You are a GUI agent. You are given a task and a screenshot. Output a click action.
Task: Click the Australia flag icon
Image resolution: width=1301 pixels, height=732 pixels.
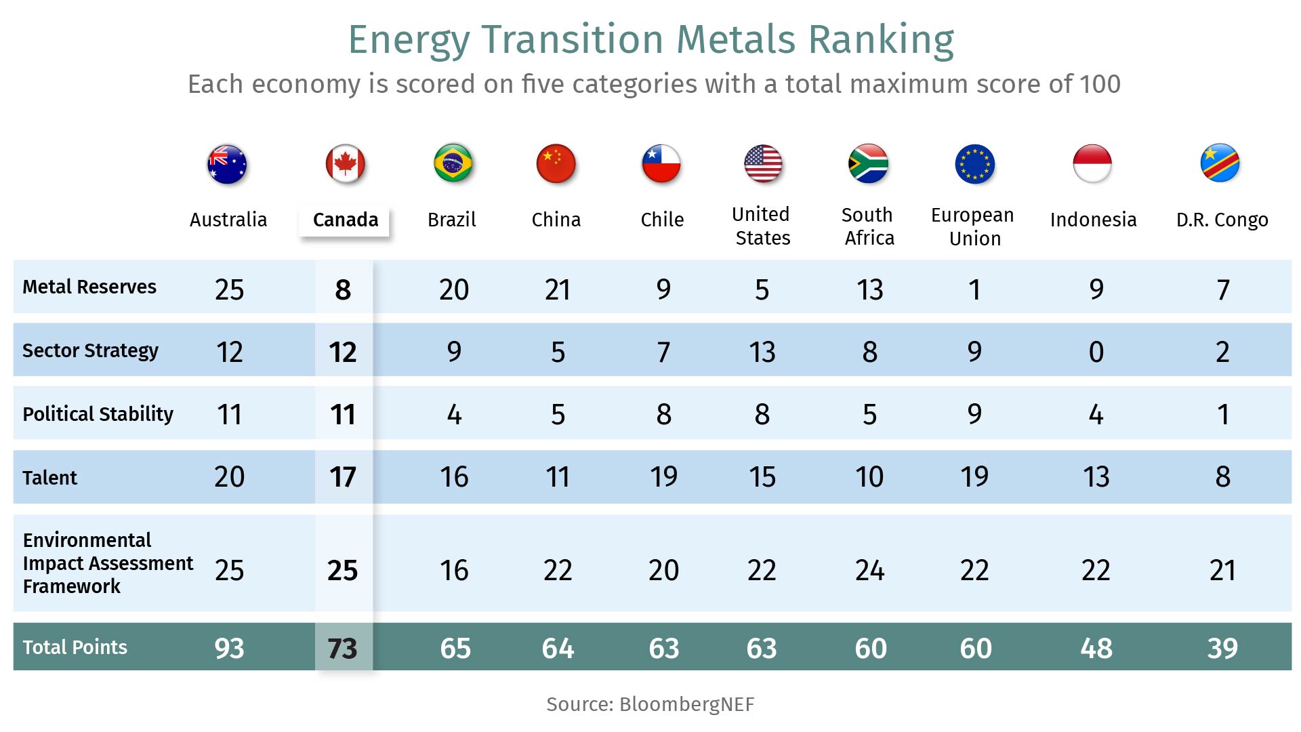[x=227, y=164]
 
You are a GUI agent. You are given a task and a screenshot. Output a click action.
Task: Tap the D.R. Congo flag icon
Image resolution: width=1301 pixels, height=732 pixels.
[x=1220, y=163]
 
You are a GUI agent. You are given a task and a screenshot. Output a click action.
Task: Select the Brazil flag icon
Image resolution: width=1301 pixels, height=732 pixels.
[x=453, y=163]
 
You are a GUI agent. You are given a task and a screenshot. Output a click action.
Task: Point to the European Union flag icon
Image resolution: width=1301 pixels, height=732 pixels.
[x=974, y=164]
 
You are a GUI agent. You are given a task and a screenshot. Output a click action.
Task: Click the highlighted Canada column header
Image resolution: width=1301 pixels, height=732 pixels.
[x=345, y=220]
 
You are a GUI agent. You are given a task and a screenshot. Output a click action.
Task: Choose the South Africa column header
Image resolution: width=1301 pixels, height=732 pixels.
[x=869, y=226]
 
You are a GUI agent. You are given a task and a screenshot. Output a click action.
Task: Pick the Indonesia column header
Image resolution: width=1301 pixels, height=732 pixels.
[x=1093, y=220]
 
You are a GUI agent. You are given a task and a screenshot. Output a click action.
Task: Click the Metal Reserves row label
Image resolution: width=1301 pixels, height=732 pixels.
[x=89, y=287]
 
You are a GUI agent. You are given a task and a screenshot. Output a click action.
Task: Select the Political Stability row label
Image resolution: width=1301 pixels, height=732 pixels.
[x=98, y=413]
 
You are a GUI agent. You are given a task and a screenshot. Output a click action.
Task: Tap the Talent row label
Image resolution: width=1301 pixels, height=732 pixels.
[x=49, y=478]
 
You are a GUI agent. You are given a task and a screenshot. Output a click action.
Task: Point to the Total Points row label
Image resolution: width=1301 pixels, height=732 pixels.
[x=75, y=647]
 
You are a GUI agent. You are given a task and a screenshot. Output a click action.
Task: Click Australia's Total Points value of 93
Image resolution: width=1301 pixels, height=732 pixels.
[x=229, y=649]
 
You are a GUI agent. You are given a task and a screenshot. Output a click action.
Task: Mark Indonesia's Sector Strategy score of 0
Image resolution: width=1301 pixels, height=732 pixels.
[x=1096, y=352]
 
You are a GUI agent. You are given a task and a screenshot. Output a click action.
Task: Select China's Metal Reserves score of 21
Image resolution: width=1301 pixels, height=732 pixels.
[x=558, y=289]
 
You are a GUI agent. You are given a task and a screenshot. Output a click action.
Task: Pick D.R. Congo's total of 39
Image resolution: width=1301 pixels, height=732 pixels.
[x=1222, y=649]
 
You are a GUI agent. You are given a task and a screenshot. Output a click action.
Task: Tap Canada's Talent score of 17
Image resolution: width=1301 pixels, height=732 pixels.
[x=343, y=476]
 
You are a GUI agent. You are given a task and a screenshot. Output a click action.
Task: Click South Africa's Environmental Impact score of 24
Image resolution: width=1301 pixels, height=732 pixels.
[x=869, y=570]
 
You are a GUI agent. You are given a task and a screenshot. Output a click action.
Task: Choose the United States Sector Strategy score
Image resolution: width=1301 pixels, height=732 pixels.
[x=762, y=352]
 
